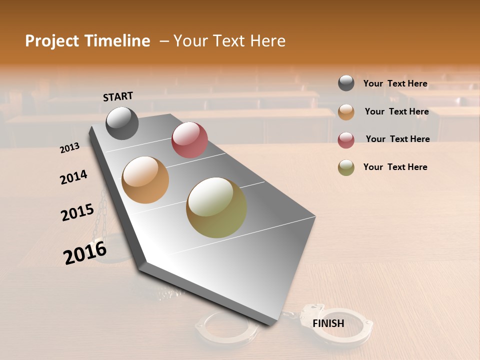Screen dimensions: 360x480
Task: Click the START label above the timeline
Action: point(118,96)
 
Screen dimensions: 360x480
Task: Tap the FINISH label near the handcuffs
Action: point(328,323)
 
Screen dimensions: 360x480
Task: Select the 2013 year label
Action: point(69,148)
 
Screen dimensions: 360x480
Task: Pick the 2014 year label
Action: point(73,177)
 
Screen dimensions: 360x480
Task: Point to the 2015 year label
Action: point(77,212)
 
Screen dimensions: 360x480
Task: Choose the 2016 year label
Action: point(84,252)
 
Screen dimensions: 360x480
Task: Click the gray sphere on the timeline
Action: point(122,123)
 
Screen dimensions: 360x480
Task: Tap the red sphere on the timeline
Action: point(189,140)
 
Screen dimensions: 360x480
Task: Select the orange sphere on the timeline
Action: point(145,180)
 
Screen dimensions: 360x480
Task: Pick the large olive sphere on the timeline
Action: point(216,207)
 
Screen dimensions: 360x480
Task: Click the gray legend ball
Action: point(346,83)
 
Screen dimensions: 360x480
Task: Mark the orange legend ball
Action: point(346,112)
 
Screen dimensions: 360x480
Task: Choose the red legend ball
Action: point(346,140)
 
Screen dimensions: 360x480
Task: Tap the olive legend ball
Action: point(346,167)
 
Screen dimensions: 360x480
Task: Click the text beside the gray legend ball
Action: point(395,83)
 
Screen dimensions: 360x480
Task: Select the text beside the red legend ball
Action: point(397,139)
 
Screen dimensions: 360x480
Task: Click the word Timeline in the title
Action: point(117,41)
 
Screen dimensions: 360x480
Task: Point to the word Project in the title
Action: point(52,41)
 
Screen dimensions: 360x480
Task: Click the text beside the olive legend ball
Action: point(395,167)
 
